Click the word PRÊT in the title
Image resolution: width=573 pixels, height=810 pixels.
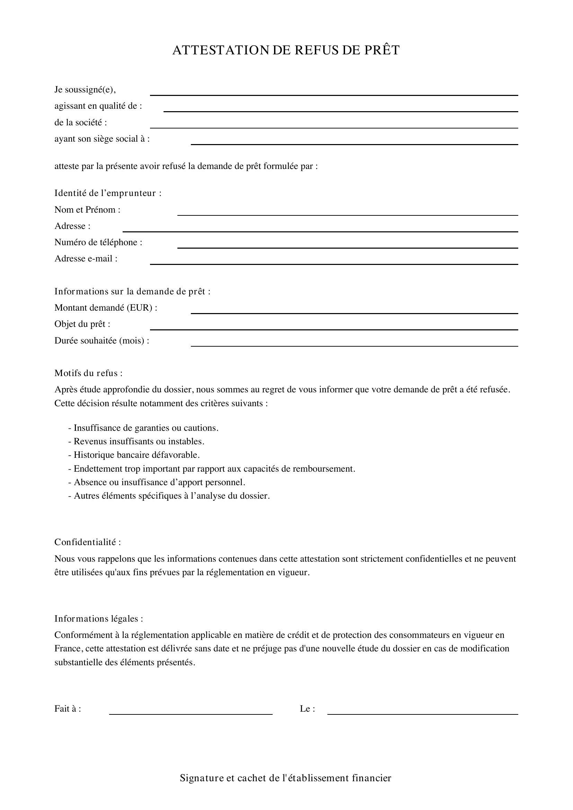(382, 50)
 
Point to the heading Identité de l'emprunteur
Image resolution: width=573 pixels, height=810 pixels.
(108, 193)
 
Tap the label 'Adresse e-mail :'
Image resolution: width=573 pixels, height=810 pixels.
(86, 259)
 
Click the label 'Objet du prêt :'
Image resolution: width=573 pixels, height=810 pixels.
(82, 324)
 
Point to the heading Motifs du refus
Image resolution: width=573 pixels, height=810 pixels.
(88, 373)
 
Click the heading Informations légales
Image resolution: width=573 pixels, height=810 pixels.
(98, 618)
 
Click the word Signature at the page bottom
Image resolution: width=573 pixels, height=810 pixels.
(202, 778)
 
